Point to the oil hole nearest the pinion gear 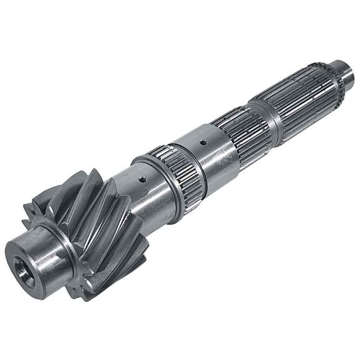[x=143, y=180]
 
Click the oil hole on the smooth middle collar [x=202, y=142]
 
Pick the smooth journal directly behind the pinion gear [x=150, y=191]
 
